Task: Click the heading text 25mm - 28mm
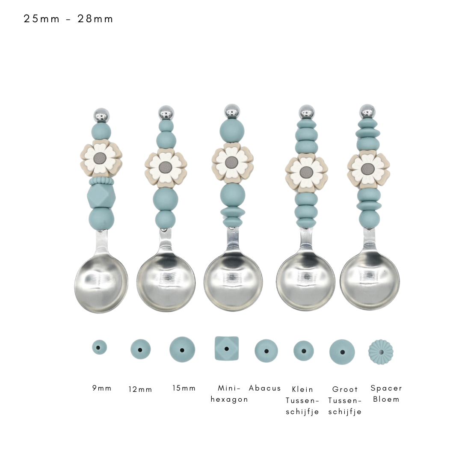(x=68, y=19)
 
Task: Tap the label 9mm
(x=102, y=388)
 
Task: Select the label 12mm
(x=140, y=389)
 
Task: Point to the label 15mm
(x=184, y=388)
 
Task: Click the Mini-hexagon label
(x=229, y=394)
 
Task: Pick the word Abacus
(x=265, y=388)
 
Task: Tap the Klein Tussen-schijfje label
(x=302, y=400)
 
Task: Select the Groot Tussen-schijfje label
(x=345, y=400)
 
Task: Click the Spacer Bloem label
(x=386, y=394)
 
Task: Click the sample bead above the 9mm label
(x=99, y=347)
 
